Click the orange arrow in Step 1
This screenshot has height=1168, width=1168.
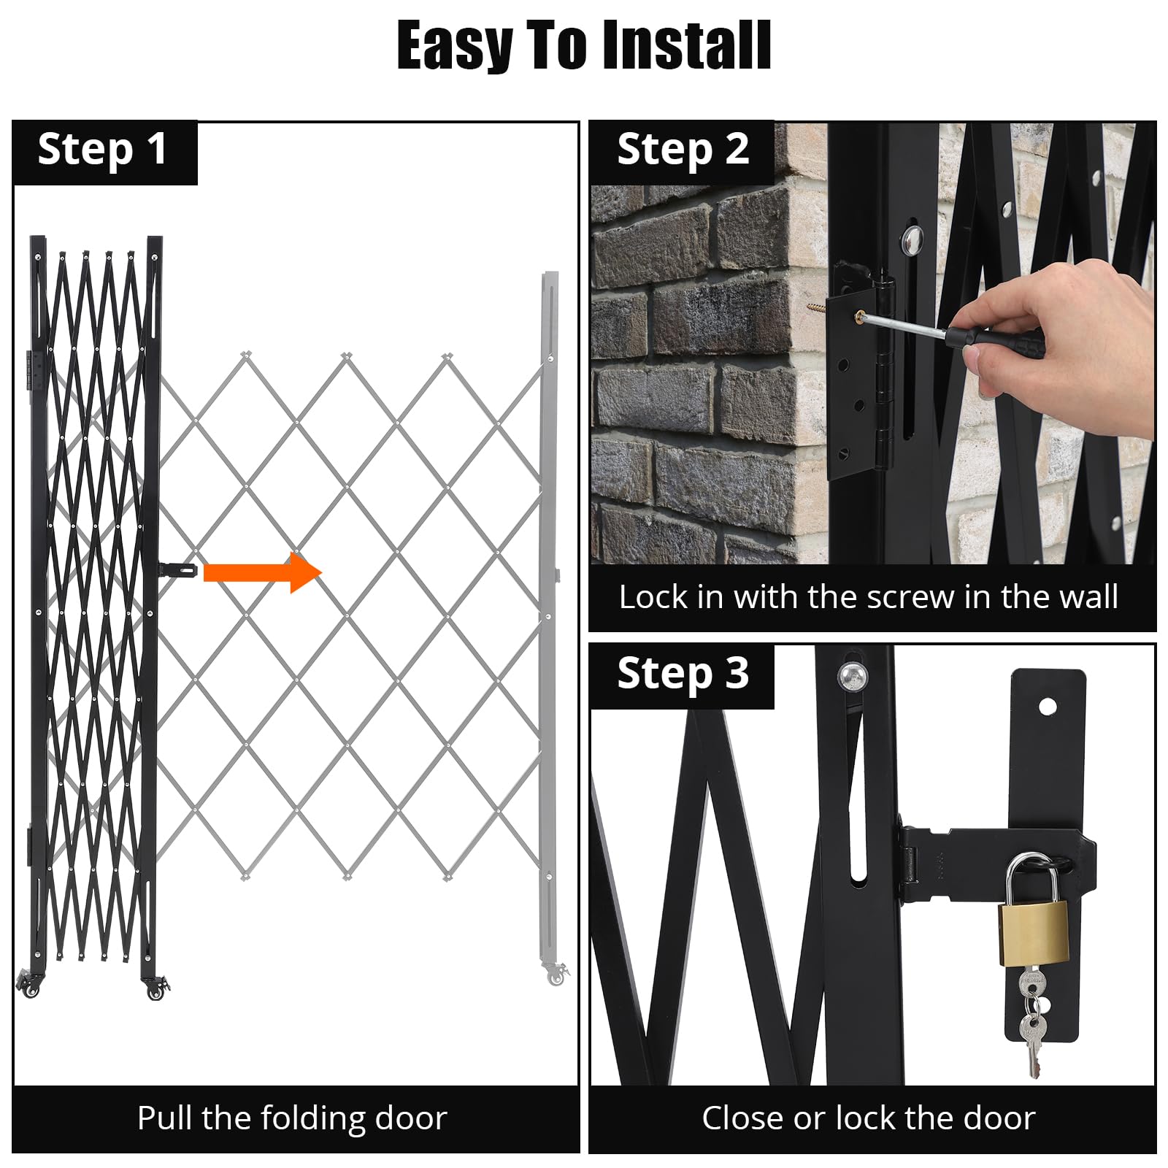[x=263, y=572]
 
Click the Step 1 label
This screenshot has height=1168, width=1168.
[x=102, y=150]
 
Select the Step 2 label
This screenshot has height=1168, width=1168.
[x=683, y=150]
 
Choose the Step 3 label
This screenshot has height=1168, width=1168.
[x=683, y=673]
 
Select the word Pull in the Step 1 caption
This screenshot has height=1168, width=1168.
[x=166, y=1118]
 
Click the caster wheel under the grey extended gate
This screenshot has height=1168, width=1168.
[x=556, y=975]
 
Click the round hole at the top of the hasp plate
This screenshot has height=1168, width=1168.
[x=1048, y=707]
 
